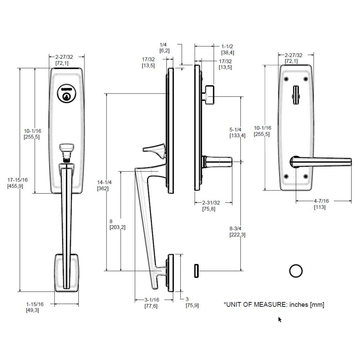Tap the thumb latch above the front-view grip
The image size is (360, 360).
67,151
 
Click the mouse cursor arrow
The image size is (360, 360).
280,319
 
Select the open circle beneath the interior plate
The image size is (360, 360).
296,271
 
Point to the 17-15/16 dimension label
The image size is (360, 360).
18,183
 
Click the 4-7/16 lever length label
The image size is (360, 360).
320,204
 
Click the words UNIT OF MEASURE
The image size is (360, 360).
256,305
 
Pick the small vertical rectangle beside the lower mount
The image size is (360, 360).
196,271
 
